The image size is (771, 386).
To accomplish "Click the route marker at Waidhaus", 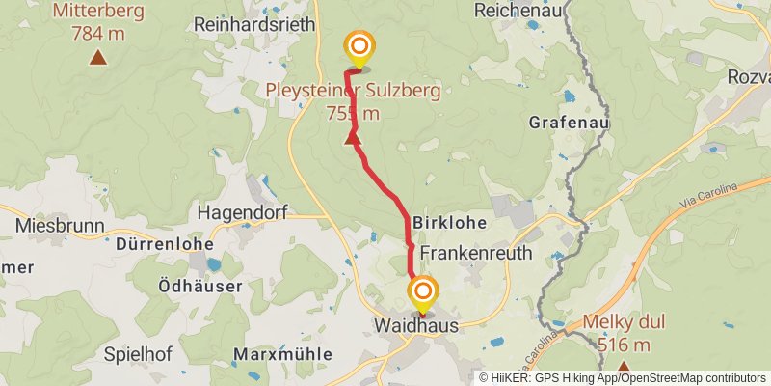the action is (x=422, y=290).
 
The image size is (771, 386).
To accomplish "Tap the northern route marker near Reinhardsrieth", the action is (x=359, y=46).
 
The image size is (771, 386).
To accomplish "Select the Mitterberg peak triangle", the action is (x=97, y=58).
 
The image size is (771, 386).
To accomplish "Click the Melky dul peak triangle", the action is (x=624, y=368).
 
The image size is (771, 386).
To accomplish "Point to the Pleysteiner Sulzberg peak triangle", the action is (x=352, y=138).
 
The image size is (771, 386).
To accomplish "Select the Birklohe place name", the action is (x=446, y=222).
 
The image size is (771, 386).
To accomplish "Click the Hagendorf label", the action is (x=237, y=211).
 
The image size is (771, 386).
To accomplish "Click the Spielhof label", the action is (x=137, y=354).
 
